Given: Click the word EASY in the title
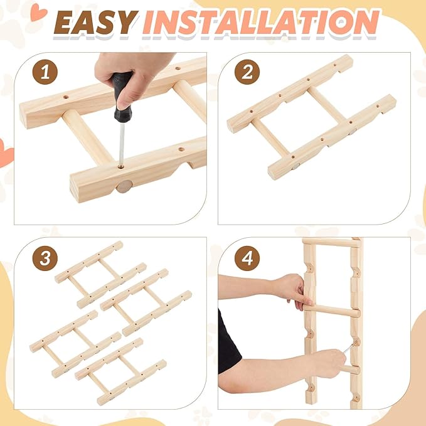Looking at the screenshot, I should (94, 23).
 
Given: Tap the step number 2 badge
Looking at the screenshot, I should (247, 72).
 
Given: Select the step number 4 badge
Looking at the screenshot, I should (247, 258).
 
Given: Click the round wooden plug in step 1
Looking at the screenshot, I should (124, 186).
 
